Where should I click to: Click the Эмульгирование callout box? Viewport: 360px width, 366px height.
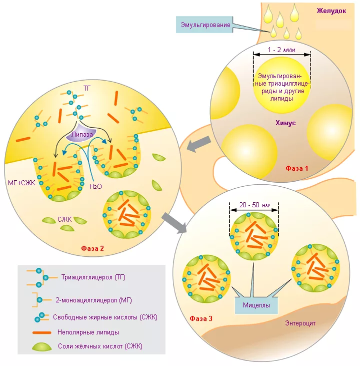pyautogui.click(x=204, y=25)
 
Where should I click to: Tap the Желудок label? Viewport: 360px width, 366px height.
pyautogui.click(x=331, y=11)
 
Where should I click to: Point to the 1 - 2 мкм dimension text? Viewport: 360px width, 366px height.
pyautogui.click(x=281, y=50)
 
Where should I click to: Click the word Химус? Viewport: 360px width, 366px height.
pyautogui.click(x=285, y=123)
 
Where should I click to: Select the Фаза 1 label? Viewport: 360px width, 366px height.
pyautogui.click(x=297, y=168)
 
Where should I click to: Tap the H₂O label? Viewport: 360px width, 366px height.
pyautogui.click(x=95, y=186)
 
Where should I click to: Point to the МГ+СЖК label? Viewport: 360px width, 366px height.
pyautogui.click(x=21, y=183)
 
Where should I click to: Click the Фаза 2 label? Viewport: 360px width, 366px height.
pyautogui.click(x=92, y=248)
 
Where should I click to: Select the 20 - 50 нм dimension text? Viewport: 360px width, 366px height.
pyautogui.click(x=254, y=205)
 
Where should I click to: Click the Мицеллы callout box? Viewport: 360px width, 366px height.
pyautogui.click(x=256, y=305)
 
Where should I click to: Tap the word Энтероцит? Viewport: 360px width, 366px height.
pyautogui.click(x=300, y=323)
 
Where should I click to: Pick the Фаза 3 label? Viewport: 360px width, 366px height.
pyautogui.click(x=201, y=318)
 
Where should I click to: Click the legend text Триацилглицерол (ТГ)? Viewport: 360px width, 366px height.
pyautogui.click(x=93, y=277)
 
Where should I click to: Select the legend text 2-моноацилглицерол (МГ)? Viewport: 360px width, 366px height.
pyautogui.click(x=93, y=300)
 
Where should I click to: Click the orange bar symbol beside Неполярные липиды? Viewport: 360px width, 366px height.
pyautogui.click(x=41, y=332)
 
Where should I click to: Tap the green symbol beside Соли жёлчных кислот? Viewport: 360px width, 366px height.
pyautogui.click(x=42, y=346)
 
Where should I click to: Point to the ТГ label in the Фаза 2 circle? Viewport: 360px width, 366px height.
pyautogui.click(x=87, y=88)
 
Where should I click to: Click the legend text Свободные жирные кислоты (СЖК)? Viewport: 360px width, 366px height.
pyautogui.click(x=105, y=317)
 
